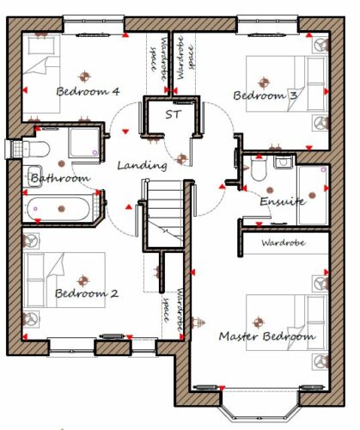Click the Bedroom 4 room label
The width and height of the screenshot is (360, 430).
[88, 91]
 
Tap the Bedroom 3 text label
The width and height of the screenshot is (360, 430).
[265, 95]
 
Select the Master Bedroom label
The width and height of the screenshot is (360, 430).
[267, 336]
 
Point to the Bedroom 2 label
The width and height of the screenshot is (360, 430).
[87, 293]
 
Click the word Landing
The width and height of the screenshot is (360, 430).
[143, 165]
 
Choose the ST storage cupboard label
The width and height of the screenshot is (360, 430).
[174, 114]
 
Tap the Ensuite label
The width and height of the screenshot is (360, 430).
[282, 201]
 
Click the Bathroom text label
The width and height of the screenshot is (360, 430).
[60, 178]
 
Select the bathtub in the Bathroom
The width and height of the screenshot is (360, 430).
[58, 209]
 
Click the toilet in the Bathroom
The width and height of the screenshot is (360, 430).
[36, 149]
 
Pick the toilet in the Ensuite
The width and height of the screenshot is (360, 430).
[259, 169]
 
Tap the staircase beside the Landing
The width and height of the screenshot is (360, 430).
[165, 213]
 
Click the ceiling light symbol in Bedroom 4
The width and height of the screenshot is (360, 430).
[85, 77]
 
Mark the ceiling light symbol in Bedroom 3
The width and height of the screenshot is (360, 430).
[264, 83]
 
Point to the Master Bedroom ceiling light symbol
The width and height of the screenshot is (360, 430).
[259, 322]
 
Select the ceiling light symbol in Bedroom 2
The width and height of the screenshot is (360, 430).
[83, 280]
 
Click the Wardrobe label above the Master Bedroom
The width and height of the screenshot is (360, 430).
[284, 243]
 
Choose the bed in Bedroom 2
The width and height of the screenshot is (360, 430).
[65, 280]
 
